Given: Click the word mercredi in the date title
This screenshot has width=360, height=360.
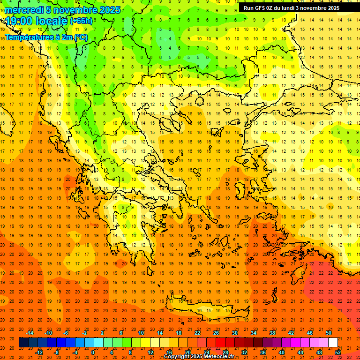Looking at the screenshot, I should [x=23, y=10].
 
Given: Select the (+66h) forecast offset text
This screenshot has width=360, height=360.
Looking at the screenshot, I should [x=81, y=21].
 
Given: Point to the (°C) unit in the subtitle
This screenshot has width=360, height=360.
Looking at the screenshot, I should [x=80, y=37].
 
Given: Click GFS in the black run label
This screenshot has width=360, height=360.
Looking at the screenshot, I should [x=260, y=8].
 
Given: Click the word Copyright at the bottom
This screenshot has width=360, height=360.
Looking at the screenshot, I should [x=178, y=357].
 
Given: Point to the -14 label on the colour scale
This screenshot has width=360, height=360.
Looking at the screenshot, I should [x=30, y=333].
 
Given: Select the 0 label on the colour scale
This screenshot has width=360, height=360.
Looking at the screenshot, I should [x=93, y=352].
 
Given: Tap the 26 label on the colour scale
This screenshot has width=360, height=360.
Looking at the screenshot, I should [x=216, y=333].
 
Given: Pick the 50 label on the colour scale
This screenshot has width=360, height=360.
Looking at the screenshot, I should [x=329, y=333].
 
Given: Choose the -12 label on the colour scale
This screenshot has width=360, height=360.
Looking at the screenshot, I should [x=39, y=352].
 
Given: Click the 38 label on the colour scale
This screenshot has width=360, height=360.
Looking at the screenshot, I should [x=272, y=333].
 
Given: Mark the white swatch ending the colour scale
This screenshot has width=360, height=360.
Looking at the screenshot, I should [x=333, y=342].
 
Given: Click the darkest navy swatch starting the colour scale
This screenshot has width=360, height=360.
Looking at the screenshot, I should [x=23, y=342].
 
